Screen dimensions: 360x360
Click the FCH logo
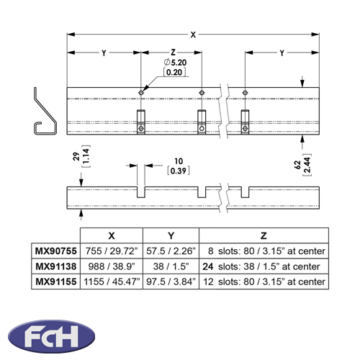pyautogui.click(x=51, y=336)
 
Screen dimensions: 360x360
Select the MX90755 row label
pyautogui.click(x=56, y=251)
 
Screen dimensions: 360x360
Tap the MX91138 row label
pyautogui.click(x=56, y=266)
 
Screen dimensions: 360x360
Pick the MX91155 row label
pyautogui.click(x=56, y=282)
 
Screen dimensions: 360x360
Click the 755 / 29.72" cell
pyautogui.click(x=112, y=251)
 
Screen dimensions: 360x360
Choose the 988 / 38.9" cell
pyautogui.click(x=112, y=266)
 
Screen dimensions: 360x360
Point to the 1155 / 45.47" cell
pyautogui.click(x=112, y=282)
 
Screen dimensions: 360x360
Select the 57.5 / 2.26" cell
pyautogui.click(x=171, y=251)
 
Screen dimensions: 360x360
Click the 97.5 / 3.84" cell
pyautogui.click(x=171, y=282)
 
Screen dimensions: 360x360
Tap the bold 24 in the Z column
pyautogui.click(x=208, y=266)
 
